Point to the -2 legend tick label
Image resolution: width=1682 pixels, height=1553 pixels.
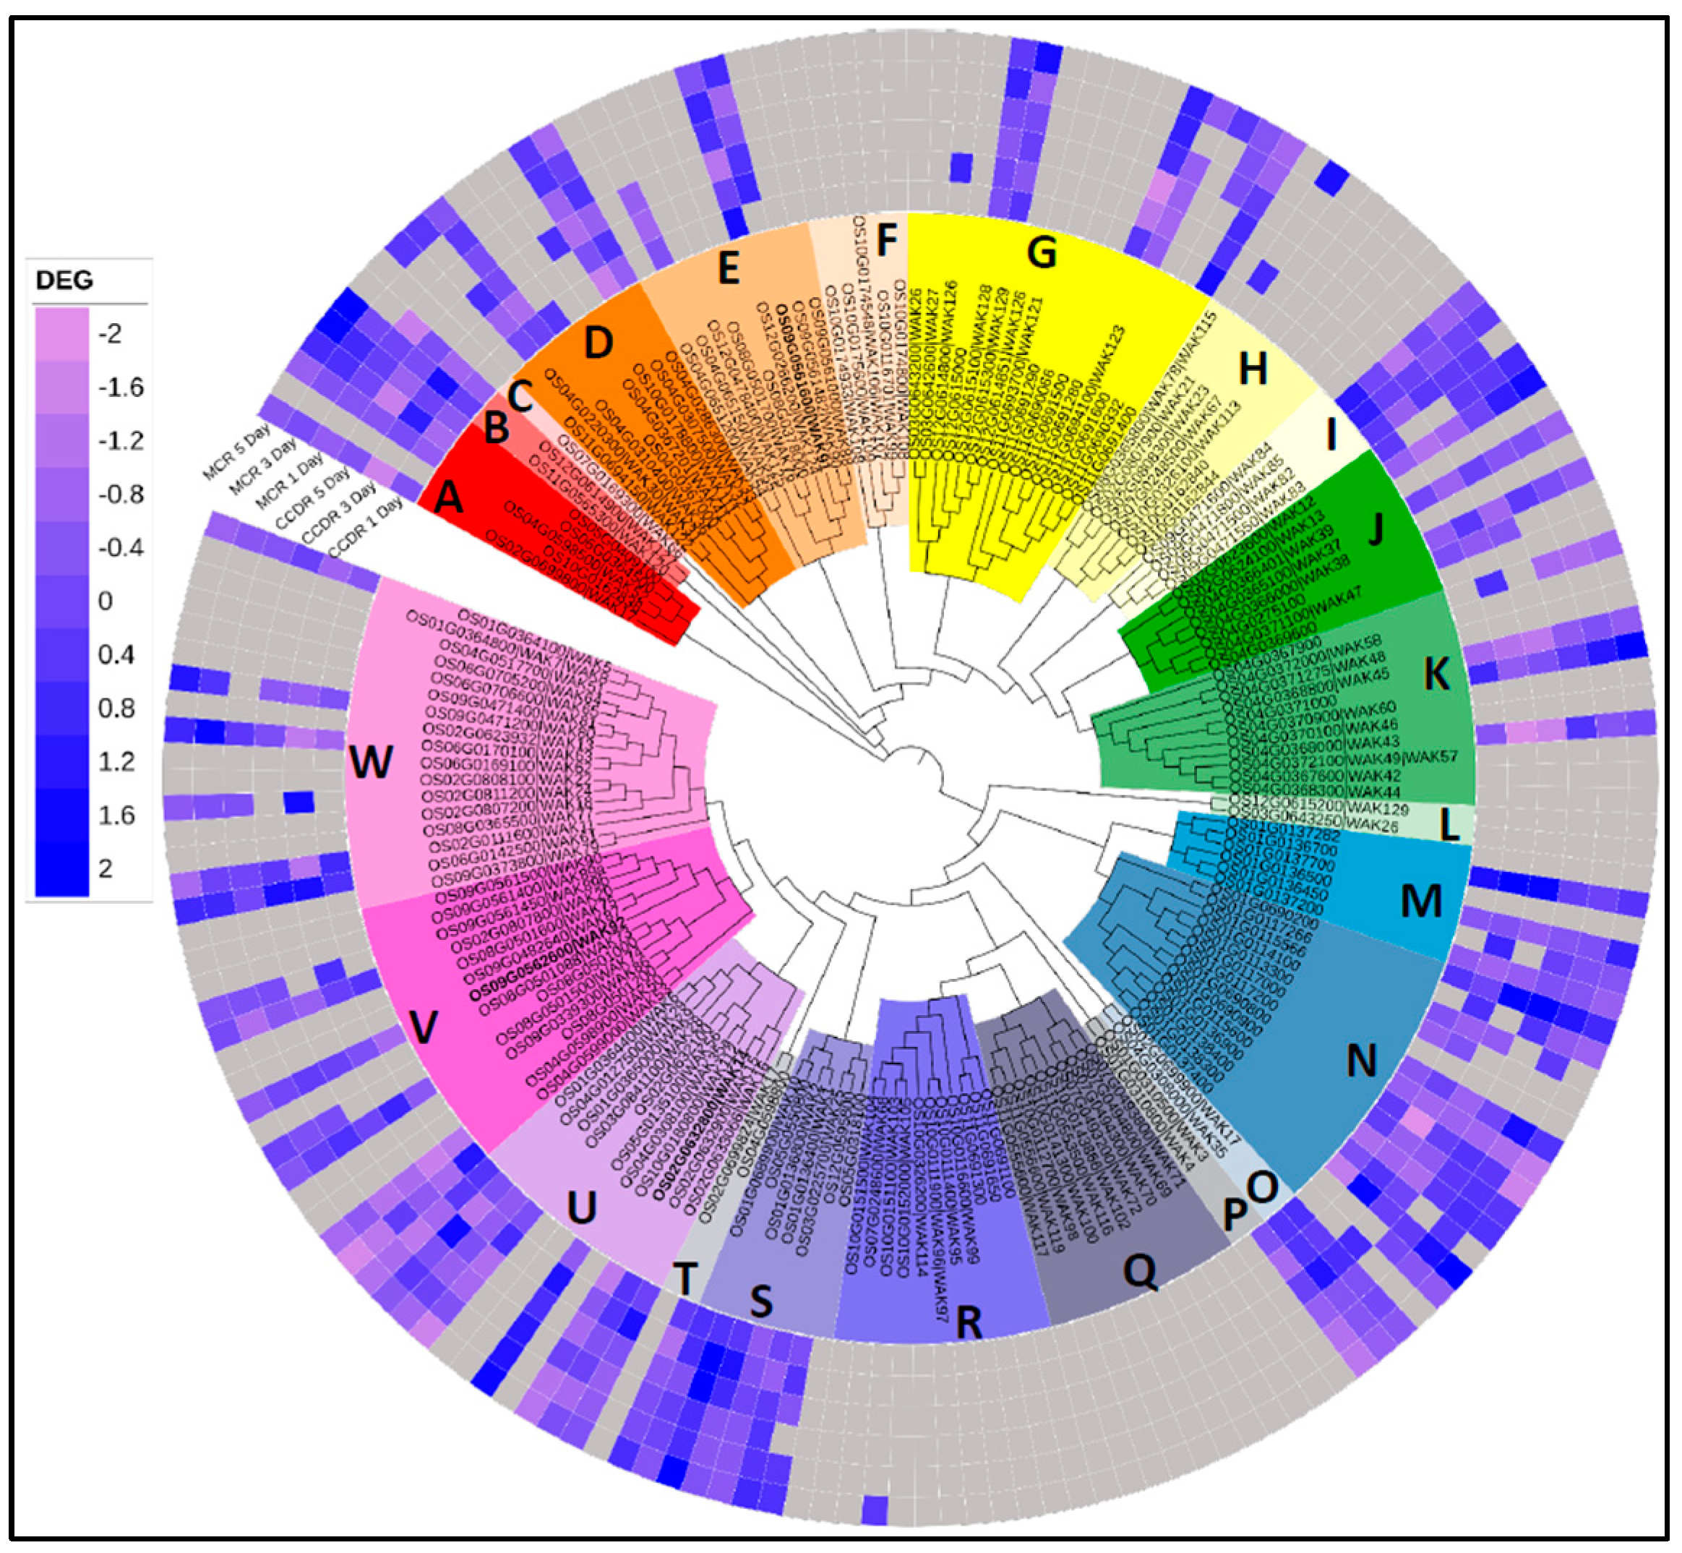coord(110,335)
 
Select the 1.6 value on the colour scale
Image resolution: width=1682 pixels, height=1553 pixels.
coord(117,814)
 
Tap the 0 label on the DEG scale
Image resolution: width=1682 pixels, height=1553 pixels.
coord(105,601)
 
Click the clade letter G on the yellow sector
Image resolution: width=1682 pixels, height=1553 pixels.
coord(1042,253)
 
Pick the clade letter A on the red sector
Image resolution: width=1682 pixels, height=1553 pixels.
coord(449,499)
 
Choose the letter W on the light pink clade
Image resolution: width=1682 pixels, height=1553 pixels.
coord(371,762)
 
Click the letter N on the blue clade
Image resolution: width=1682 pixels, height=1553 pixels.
coord(1361,1061)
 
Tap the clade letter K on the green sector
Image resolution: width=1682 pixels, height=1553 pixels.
coord(1436,674)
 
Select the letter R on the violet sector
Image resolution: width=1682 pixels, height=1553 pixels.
coord(968,1324)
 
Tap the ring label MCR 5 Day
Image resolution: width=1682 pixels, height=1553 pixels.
coord(236,454)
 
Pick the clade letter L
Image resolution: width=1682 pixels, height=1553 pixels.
coord(1449,827)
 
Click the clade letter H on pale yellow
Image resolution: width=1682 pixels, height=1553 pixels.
coord(1253,369)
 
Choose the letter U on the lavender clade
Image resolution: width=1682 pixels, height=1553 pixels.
coord(581,1208)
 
